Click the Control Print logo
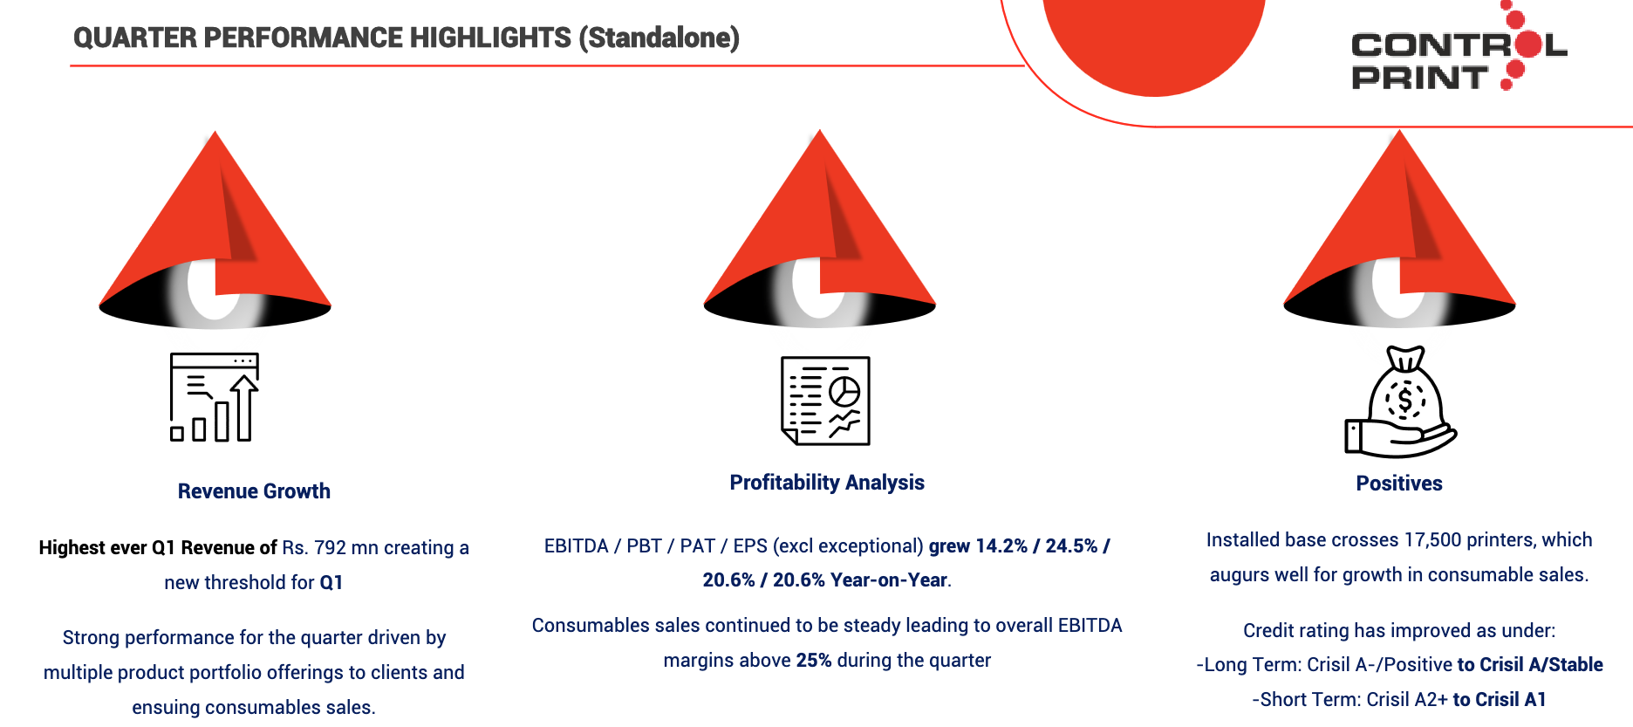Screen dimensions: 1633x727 coord(1459,47)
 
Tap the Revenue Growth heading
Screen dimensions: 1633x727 coord(254,491)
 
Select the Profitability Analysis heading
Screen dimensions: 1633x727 coord(827,483)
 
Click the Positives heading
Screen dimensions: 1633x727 coord(1399,484)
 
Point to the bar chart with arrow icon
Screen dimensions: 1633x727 coord(215,397)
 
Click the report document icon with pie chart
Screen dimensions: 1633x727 coord(825,401)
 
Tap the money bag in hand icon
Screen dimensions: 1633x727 coord(1400,401)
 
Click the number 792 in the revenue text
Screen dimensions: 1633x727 coord(330,548)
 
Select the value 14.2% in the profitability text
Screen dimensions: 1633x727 coord(1001,546)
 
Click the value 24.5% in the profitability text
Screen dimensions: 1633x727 coord(1071,546)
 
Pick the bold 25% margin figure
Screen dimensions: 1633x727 coord(814,661)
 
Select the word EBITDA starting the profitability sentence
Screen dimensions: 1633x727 coord(577,546)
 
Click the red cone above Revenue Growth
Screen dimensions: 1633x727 coord(215,230)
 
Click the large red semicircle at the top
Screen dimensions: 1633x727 coord(1154,44)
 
